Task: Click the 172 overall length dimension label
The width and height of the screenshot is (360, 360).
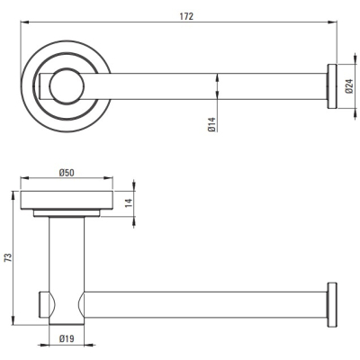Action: [x=186, y=16]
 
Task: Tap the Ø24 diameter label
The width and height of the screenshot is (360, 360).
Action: [x=349, y=86]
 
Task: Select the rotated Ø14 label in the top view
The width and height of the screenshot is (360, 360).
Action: [x=211, y=125]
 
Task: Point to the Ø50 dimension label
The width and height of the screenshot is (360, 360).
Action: [x=67, y=173]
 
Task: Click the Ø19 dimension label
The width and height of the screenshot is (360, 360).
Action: [x=67, y=339]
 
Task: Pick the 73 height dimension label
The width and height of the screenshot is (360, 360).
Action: [x=8, y=257]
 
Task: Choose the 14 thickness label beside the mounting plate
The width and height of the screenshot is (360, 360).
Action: [x=128, y=203]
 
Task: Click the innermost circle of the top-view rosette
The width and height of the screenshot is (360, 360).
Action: [x=67, y=86]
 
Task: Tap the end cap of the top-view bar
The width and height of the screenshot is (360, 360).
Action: [x=332, y=86]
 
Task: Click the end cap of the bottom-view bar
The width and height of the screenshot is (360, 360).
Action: [x=332, y=304]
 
